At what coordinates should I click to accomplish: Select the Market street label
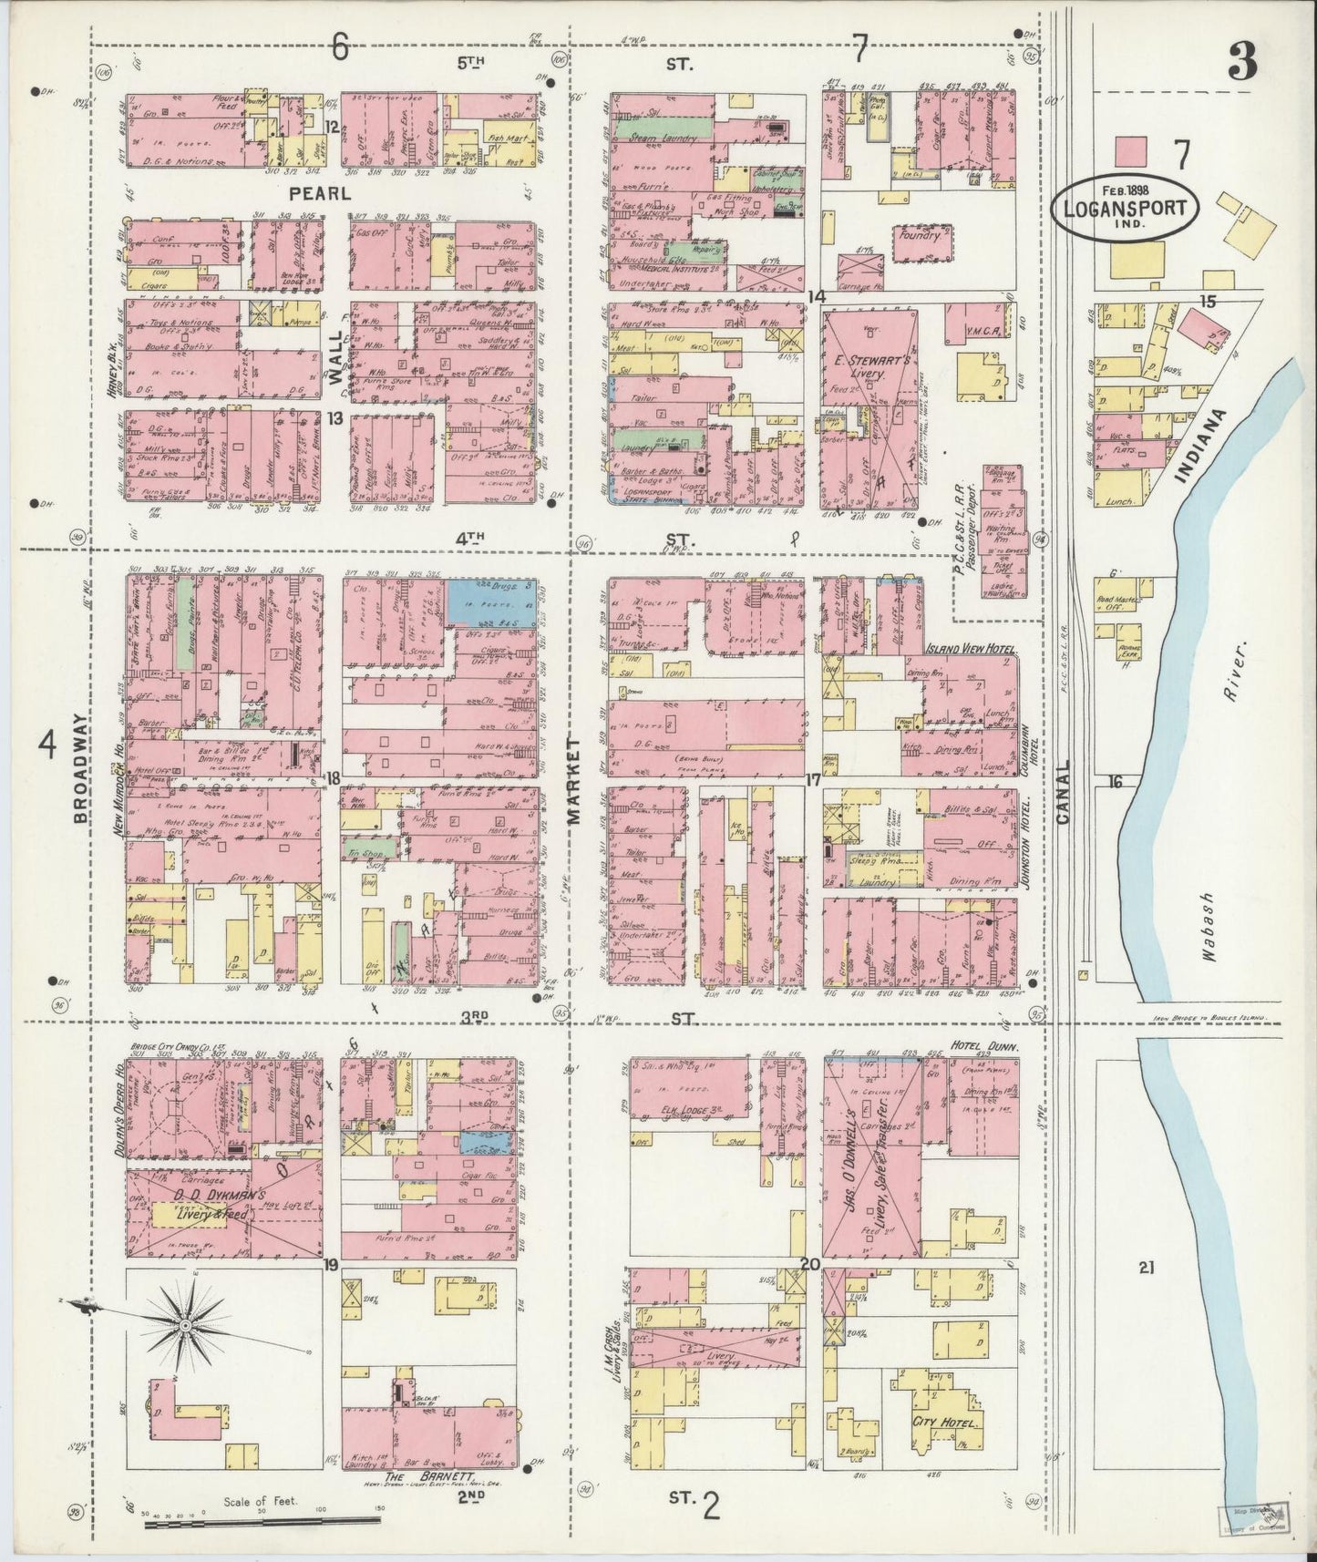click(x=575, y=781)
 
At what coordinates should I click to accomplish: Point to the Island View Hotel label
click(x=963, y=649)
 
